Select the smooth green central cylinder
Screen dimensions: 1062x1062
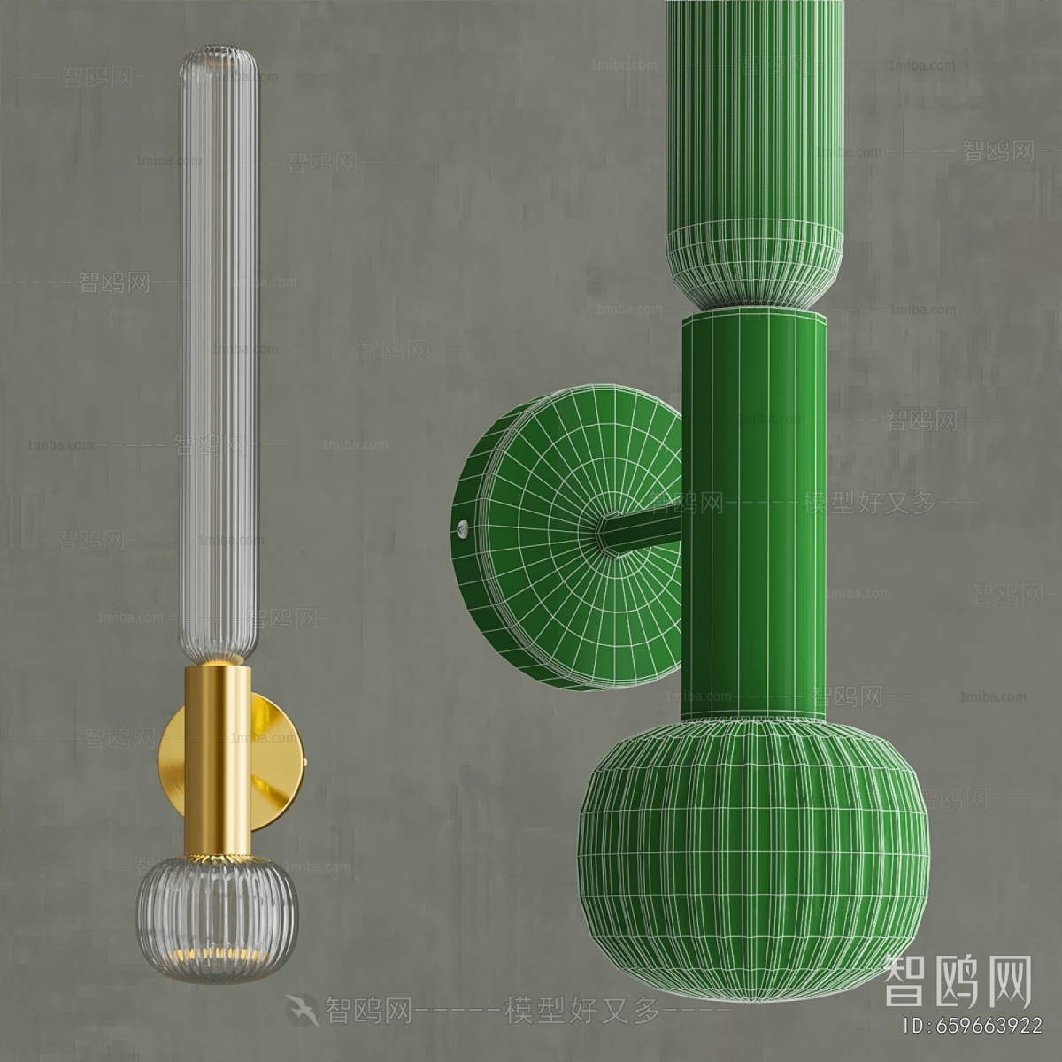(752, 513)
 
